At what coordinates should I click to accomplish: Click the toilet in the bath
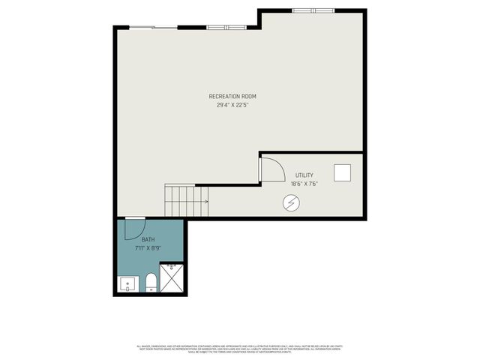150,282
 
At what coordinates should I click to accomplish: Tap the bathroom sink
127,284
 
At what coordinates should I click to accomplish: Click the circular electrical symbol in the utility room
290,202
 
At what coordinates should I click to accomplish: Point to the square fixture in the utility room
343,172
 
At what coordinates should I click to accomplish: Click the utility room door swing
271,170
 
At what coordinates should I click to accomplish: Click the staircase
181,201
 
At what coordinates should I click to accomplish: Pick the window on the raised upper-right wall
313,10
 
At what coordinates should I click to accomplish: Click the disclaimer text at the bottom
240,348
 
